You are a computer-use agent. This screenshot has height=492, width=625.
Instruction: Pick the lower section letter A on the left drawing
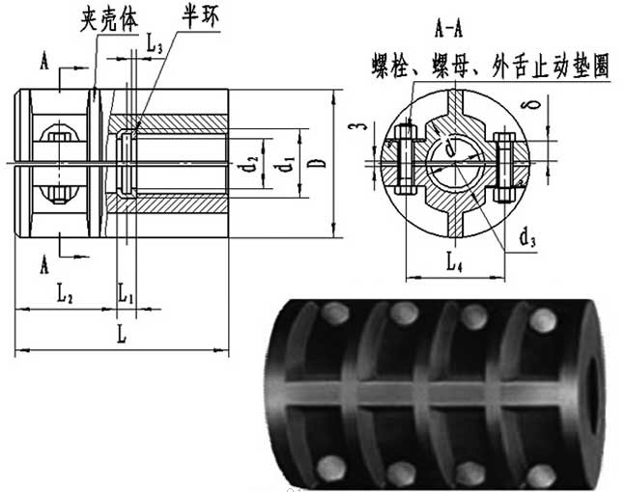45,260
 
